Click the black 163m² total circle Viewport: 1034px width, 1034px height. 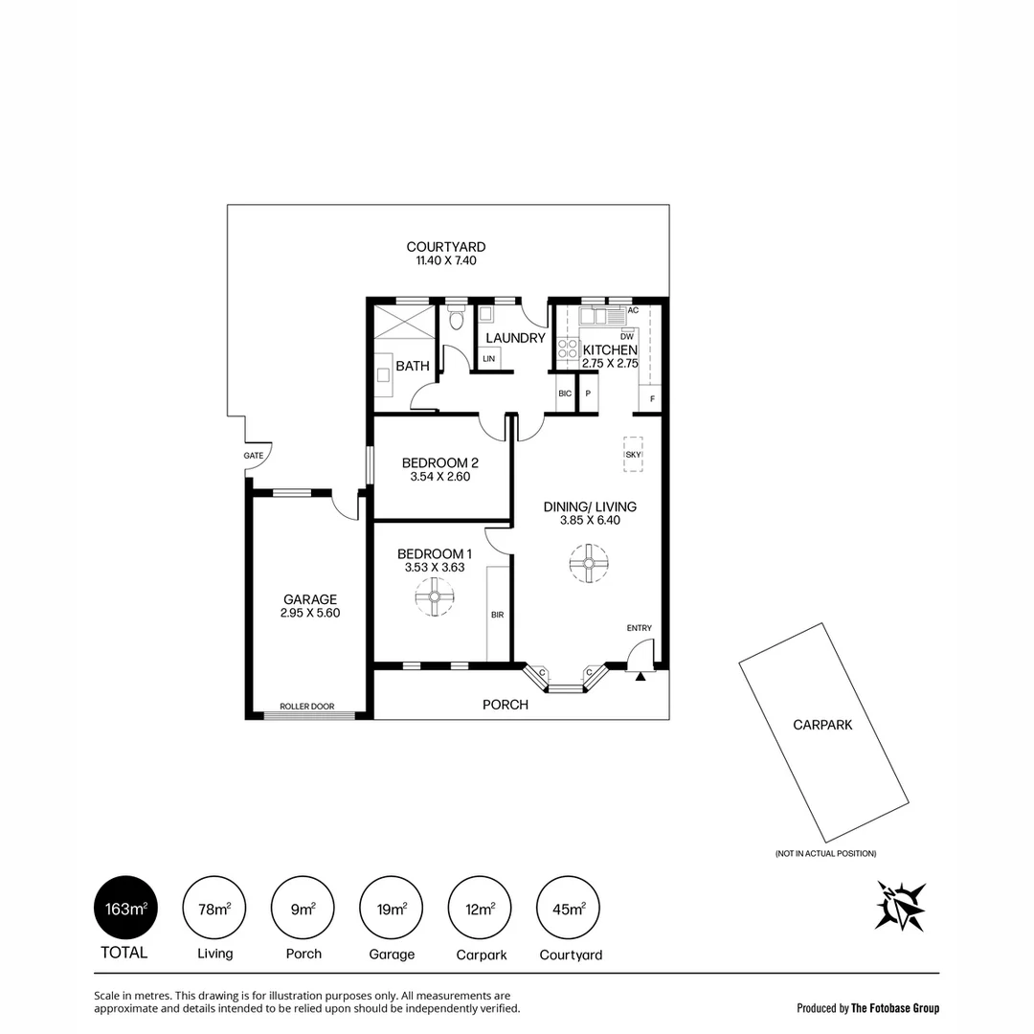coord(124,908)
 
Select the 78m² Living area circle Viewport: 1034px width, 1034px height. coord(214,908)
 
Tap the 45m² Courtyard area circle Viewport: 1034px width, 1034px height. coord(571,908)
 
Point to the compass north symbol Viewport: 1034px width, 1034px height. coord(901,906)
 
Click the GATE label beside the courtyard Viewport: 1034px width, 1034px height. coord(253,456)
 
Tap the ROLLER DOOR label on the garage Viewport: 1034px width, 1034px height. coord(306,707)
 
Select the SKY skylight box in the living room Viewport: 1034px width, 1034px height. coord(633,455)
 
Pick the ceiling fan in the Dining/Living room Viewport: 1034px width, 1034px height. coord(588,563)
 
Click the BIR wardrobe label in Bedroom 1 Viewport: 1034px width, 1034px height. coord(497,615)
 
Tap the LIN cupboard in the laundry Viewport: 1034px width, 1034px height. coord(489,358)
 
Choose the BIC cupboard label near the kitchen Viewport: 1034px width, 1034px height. coord(565,393)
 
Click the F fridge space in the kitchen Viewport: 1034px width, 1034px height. coord(651,398)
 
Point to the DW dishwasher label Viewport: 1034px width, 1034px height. coord(627,336)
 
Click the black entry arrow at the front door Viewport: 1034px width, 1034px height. coord(640,675)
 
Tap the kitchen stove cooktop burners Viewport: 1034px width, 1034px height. coord(567,351)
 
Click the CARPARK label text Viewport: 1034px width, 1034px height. coord(821,725)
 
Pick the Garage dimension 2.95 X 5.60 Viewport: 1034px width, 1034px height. coord(310,614)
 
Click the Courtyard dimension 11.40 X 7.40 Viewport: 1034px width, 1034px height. coord(445,260)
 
